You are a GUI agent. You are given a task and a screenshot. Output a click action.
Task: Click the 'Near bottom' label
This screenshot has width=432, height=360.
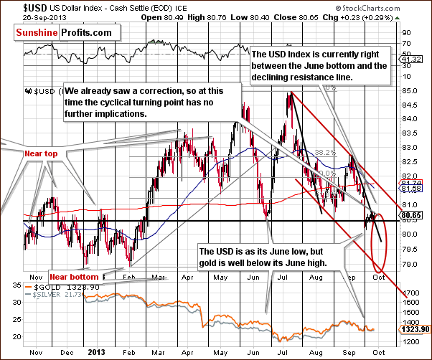click(74, 275)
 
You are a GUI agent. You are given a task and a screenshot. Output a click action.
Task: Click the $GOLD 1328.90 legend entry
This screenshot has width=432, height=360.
click(54, 287)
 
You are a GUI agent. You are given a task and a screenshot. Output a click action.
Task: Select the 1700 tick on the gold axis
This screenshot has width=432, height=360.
click(410, 293)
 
